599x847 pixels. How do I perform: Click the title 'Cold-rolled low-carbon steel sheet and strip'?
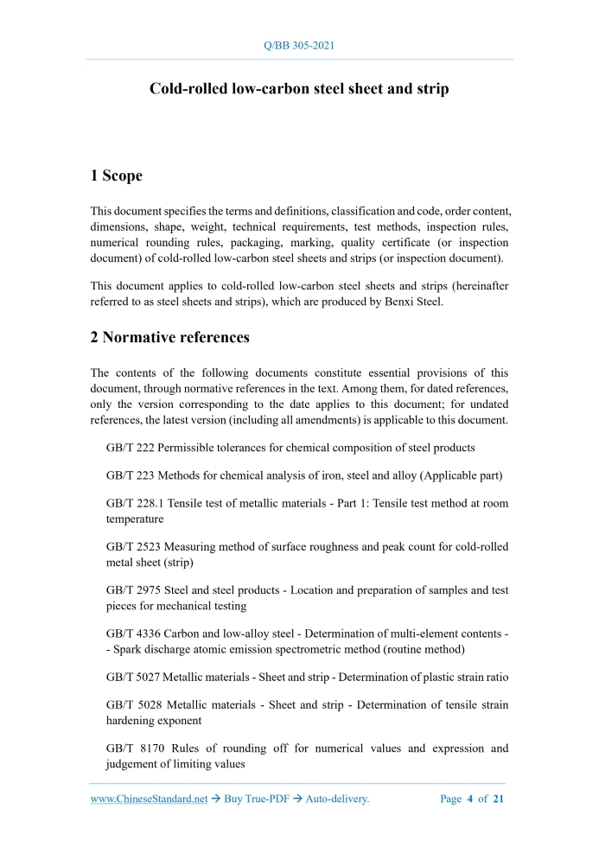coord(299,89)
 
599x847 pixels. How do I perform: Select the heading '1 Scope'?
coord(117,175)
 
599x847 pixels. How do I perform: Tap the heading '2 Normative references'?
coord(170,338)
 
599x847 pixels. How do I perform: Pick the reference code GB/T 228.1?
coord(135,503)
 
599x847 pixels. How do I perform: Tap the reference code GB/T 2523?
coord(133,546)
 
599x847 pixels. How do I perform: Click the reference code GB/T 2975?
coord(133,590)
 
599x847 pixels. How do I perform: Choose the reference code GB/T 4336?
coord(133,634)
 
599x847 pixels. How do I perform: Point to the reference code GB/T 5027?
coord(133,678)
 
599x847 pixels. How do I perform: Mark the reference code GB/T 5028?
coord(133,705)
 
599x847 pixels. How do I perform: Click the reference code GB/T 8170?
coord(133,748)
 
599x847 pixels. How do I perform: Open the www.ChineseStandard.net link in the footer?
coord(149,799)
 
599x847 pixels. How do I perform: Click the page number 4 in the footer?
coord(470,799)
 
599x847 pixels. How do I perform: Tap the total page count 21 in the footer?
coord(498,799)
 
